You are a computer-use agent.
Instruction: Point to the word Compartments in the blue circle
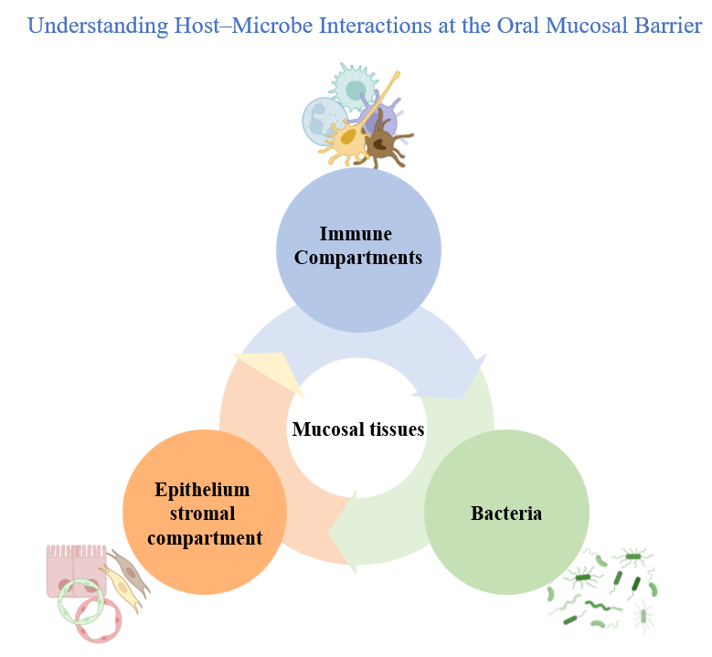[x=358, y=258]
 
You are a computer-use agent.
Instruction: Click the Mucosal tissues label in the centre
[x=358, y=429]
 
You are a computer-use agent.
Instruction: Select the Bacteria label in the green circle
[x=506, y=514]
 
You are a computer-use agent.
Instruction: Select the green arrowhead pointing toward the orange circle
[x=345, y=539]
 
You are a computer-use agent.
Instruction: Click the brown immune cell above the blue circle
[x=385, y=141]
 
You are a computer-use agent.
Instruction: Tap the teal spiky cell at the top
[x=353, y=87]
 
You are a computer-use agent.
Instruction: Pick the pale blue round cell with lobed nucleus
[x=323, y=120]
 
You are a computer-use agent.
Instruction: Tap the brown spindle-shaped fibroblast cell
[x=127, y=570]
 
